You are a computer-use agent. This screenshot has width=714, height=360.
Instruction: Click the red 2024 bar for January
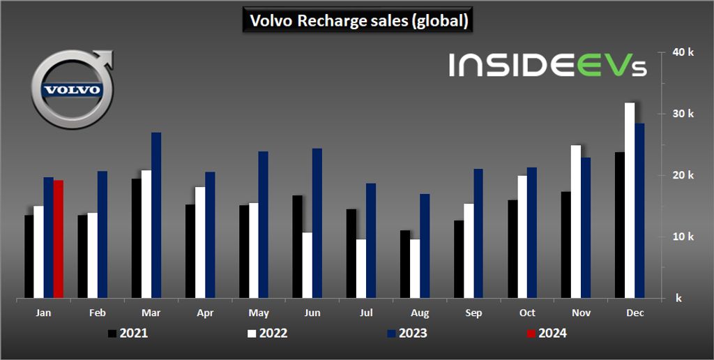pos(59,239)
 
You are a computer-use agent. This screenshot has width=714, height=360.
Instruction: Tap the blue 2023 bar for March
pos(156,216)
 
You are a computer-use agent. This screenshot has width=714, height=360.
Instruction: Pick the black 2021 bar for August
pos(405,264)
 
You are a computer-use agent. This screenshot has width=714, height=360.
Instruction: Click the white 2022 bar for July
pos(361,269)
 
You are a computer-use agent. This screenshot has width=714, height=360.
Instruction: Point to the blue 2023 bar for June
pos(317,223)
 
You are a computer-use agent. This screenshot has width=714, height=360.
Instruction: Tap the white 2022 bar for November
pos(576,222)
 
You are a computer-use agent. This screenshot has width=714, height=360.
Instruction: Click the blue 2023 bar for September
pos(478,234)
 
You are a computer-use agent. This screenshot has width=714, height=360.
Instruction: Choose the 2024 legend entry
pos(547,333)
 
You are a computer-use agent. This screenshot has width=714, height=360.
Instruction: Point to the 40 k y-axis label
pos(684,52)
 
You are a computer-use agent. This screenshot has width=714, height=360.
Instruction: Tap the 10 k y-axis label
pos(684,237)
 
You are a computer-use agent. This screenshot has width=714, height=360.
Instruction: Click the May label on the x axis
pos(258,313)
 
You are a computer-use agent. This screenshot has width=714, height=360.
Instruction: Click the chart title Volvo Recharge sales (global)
pos(358,21)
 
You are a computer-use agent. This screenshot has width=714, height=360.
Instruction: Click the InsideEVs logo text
pos(548,65)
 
